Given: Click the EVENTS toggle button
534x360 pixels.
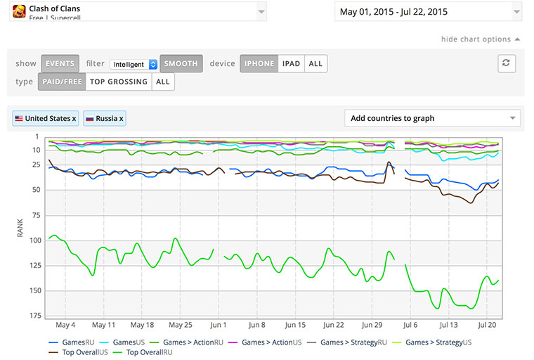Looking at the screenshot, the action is [x=60, y=63].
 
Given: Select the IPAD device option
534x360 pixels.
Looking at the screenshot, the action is [x=291, y=63].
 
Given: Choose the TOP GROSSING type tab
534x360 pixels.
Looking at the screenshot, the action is [x=119, y=82].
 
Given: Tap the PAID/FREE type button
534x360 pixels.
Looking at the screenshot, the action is [x=62, y=82].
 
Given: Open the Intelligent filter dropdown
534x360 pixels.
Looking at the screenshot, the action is [x=133, y=64].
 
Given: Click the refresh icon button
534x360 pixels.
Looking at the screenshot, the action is [x=507, y=63].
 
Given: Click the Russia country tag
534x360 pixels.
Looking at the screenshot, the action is [x=105, y=118].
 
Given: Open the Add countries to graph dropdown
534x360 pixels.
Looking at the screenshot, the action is [x=432, y=118].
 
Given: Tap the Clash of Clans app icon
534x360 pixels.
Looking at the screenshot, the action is [x=19, y=11].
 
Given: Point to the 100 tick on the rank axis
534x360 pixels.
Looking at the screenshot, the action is [x=35, y=240].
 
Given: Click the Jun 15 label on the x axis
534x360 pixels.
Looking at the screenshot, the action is [x=295, y=325].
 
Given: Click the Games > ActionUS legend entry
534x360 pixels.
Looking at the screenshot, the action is [x=265, y=342].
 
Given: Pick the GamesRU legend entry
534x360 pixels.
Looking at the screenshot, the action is [x=72, y=342].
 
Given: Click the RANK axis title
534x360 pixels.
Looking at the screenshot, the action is [x=20, y=228].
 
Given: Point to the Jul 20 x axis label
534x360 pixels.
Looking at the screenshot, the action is [x=487, y=325].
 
